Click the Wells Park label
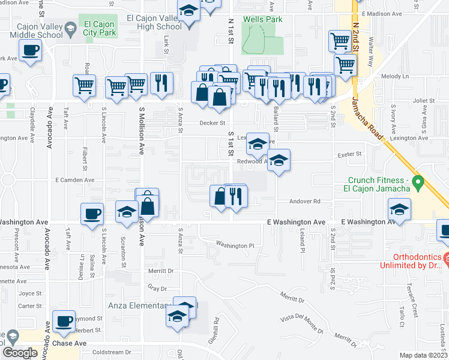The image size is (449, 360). pos(262,20)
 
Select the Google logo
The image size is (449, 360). pos(20,353)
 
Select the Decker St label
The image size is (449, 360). pos(212,123)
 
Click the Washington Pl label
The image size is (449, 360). pos(235,245)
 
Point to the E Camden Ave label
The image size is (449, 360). pos(75,180)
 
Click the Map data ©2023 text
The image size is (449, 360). pos(424,355)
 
